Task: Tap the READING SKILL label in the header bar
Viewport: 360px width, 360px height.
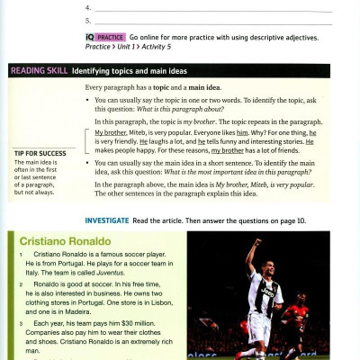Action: [x=38, y=70]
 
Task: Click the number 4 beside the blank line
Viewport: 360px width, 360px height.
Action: [x=87, y=6]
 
